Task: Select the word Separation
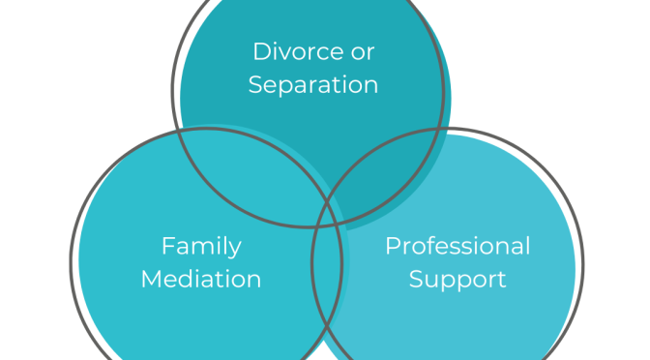pyautogui.click(x=312, y=84)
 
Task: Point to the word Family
pyautogui.click(x=201, y=247)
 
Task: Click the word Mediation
pyautogui.click(x=201, y=280)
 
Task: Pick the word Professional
pyautogui.click(x=458, y=246)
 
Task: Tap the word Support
pyautogui.click(x=458, y=280)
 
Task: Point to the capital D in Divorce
pyautogui.click(x=260, y=50)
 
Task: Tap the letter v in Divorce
pyautogui.click(x=283, y=50)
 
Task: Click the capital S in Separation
pyautogui.click(x=255, y=84)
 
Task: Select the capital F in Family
pyautogui.click(x=167, y=246)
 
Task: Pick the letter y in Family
pyautogui.click(x=234, y=250)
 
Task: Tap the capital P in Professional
pyautogui.click(x=392, y=246)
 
